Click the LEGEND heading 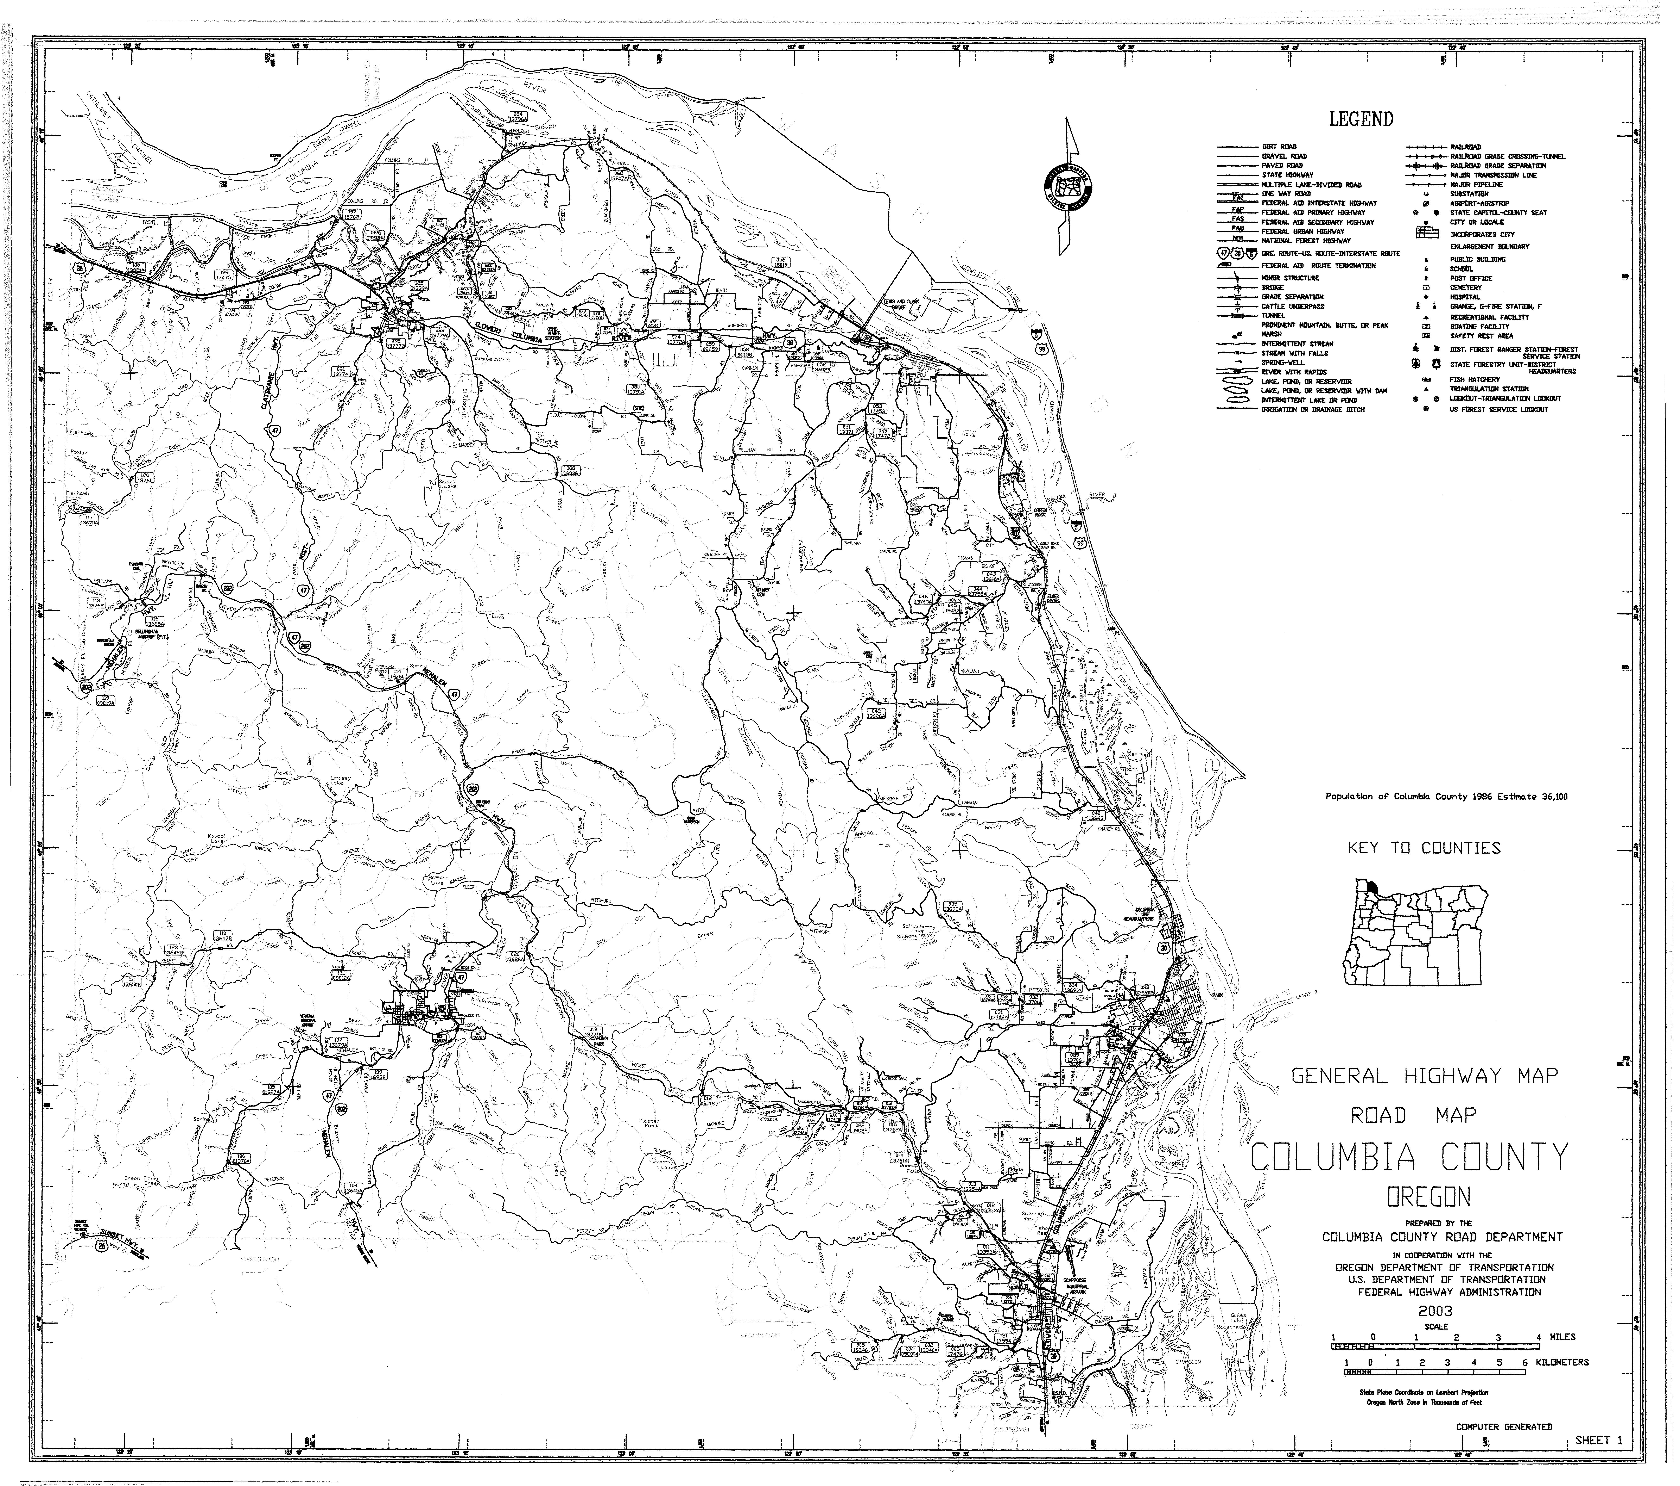[1361, 119]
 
